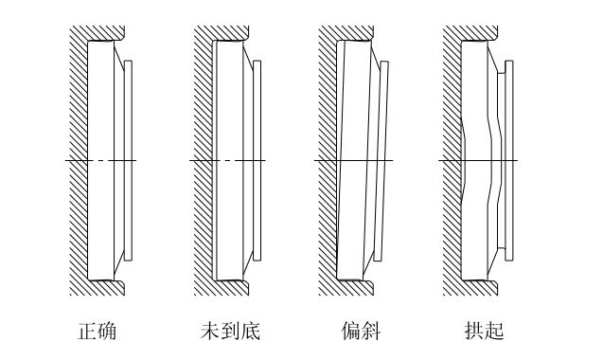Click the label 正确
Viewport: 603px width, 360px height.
click(x=97, y=331)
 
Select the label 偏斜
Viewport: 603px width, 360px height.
click(x=359, y=331)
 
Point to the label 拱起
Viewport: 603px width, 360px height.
click(x=484, y=331)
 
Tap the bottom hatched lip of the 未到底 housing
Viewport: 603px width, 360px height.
click(x=231, y=287)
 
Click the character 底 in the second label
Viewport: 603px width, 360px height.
click(x=250, y=331)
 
